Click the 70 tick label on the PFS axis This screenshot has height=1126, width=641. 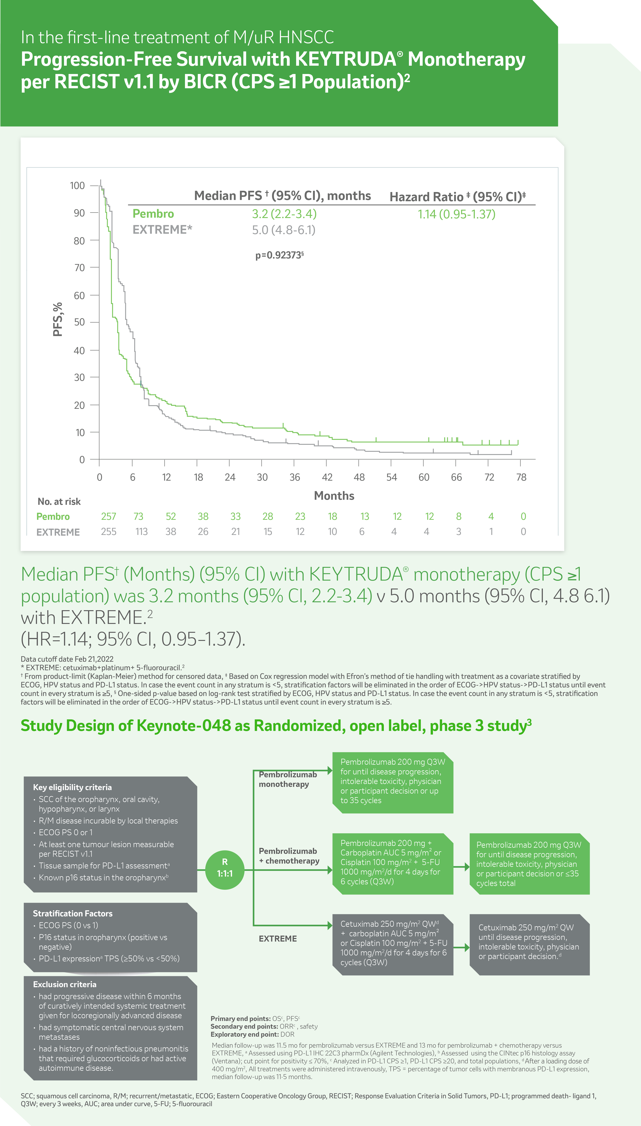79,268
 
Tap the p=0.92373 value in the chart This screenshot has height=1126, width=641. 279,255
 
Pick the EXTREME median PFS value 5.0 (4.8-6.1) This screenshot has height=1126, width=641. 284,230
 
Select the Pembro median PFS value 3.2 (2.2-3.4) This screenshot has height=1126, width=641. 284,214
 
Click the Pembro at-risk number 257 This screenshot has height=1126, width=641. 108,516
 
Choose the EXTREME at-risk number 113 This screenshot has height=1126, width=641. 141,532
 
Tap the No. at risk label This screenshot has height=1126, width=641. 59,501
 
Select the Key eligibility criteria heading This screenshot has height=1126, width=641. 72,787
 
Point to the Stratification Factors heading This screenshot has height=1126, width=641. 73,913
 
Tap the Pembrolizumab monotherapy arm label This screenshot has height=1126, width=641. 287,779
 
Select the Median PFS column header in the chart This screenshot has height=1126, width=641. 282,196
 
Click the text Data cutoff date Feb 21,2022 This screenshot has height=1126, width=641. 67,659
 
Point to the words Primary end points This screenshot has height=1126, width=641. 240,1019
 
